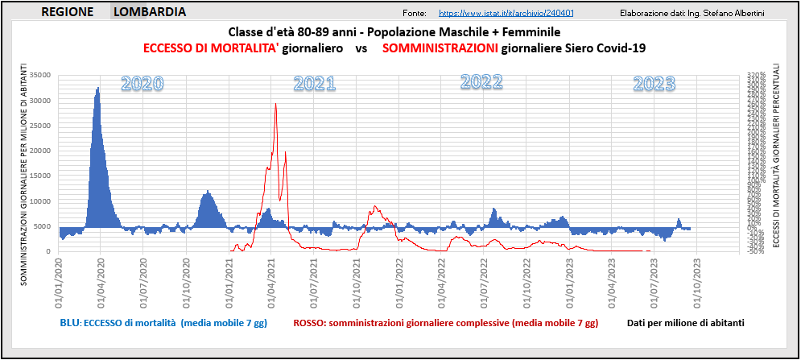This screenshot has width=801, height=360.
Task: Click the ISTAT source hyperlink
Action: [506, 14]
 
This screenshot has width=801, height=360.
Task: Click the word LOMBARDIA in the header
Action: [151, 12]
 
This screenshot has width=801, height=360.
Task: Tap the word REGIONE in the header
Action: [67, 12]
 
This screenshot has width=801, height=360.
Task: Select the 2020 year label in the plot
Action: [142, 83]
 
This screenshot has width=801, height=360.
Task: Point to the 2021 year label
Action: [314, 83]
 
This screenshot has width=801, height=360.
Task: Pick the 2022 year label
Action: [481, 81]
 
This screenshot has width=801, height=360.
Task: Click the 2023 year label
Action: [654, 83]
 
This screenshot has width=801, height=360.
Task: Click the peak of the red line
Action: [275, 103]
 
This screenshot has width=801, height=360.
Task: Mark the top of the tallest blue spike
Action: [98, 87]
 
